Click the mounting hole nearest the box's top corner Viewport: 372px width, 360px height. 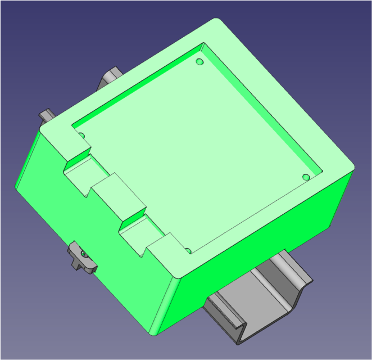[199, 61]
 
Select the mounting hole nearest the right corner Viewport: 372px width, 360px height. [306, 177]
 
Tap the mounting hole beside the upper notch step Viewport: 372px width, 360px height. [81, 136]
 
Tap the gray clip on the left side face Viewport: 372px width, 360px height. [81, 258]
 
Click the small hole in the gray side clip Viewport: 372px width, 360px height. [85, 254]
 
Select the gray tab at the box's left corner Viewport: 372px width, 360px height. [46, 115]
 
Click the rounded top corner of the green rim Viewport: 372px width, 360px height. [217, 22]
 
